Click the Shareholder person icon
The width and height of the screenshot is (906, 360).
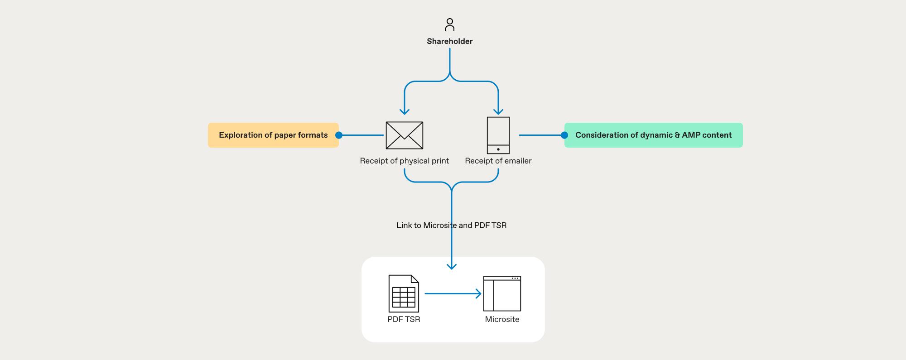(450, 24)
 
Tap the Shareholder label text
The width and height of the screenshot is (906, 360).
(450, 41)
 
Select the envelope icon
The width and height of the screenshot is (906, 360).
(405, 135)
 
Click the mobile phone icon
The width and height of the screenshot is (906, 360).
(498, 135)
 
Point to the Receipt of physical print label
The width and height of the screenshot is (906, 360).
(405, 161)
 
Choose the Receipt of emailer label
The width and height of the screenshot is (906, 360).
(498, 161)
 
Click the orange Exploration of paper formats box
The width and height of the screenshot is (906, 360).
(273, 135)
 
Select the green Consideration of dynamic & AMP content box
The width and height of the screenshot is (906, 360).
(653, 135)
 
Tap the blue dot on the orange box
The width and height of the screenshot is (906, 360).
(339, 135)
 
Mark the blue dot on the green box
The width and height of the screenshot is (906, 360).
(564, 135)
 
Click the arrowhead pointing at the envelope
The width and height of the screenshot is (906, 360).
(405, 112)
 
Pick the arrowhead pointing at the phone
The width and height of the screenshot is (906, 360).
(498, 112)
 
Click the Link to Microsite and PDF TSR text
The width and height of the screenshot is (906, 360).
(451, 226)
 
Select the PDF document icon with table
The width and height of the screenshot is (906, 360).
(404, 293)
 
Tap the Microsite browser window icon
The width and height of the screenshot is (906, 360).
(502, 293)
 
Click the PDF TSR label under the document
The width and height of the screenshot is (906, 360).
(404, 319)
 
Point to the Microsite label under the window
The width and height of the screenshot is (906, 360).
(502, 319)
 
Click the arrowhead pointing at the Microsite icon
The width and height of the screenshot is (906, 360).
(479, 294)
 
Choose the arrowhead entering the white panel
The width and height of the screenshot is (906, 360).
(452, 267)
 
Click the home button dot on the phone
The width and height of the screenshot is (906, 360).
(498, 149)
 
